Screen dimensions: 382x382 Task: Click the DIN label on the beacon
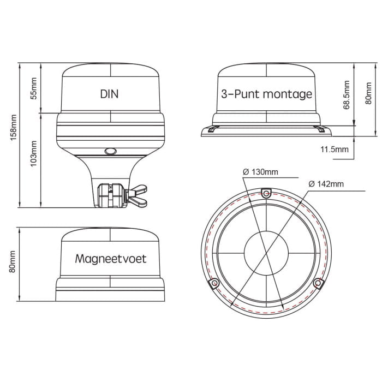pyautogui.click(x=109, y=94)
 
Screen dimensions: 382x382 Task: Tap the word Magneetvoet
pyautogui.click(x=111, y=259)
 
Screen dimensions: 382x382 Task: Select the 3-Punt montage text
pyautogui.click(x=266, y=94)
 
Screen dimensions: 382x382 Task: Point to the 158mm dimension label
pyautogui.click(x=14, y=127)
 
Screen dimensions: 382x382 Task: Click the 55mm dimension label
pyautogui.click(x=33, y=88)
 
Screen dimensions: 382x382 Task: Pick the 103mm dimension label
pyautogui.click(x=33, y=153)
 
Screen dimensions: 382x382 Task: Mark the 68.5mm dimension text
pyautogui.click(x=347, y=95)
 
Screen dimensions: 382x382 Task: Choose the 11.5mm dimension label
pyautogui.click(x=334, y=149)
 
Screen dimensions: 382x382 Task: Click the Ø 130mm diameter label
pyautogui.click(x=260, y=172)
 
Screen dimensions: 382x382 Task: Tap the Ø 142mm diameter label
pyautogui.click(x=326, y=184)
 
